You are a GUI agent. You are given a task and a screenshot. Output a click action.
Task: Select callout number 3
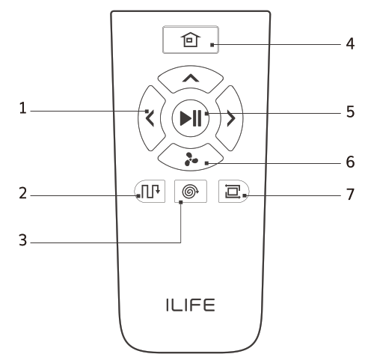25,242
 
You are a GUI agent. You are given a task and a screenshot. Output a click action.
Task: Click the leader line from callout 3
105,242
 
